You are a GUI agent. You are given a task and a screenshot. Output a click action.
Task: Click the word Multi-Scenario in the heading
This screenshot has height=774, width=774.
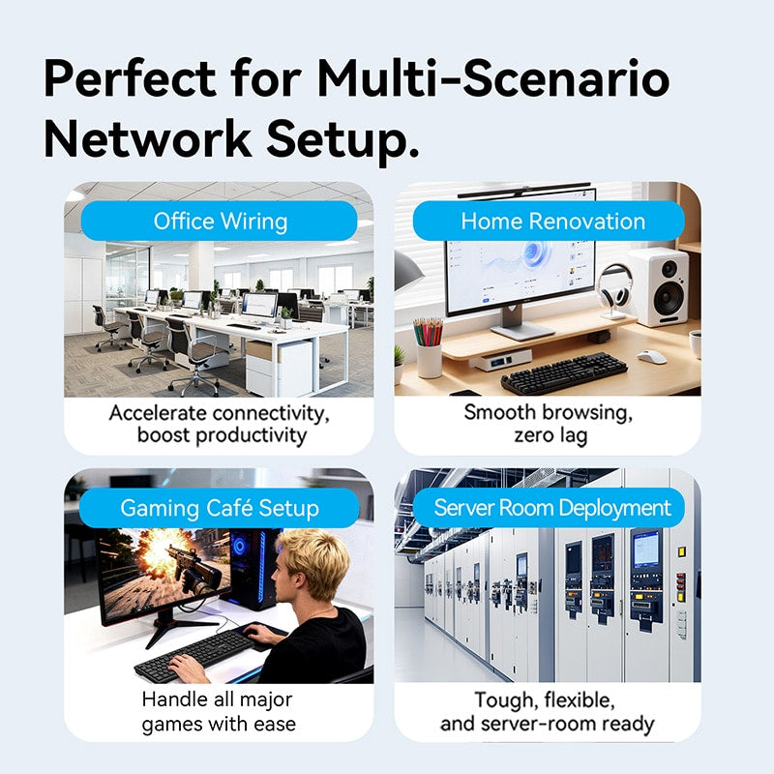(x=492, y=78)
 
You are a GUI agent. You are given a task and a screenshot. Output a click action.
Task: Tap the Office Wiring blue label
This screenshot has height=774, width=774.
(x=220, y=221)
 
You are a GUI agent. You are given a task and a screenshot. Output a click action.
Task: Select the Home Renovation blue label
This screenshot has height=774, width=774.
(x=549, y=221)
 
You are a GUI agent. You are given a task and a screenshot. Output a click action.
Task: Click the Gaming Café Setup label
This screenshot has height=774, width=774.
(x=220, y=508)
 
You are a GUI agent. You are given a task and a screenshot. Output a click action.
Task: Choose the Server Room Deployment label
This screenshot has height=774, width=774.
(x=549, y=507)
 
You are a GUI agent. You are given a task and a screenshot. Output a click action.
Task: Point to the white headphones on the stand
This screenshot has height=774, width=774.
(x=614, y=291)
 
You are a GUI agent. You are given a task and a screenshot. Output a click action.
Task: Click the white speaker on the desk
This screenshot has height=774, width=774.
(x=659, y=287)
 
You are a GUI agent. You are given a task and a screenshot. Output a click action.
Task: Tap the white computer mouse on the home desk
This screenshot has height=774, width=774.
(x=651, y=356)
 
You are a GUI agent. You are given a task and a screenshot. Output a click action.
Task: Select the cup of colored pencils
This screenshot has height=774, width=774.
(x=428, y=347)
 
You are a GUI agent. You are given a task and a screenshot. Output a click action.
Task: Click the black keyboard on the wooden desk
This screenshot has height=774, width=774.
(x=564, y=372)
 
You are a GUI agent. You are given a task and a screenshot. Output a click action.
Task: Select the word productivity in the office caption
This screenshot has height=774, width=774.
(x=252, y=436)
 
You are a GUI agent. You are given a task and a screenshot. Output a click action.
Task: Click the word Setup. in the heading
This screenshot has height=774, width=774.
(x=342, y=140)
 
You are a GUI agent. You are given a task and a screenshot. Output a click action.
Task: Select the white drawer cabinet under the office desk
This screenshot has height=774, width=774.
(x=280, y=369)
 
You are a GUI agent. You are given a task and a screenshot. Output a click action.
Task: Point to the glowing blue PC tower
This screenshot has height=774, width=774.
(x=252, y=569)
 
